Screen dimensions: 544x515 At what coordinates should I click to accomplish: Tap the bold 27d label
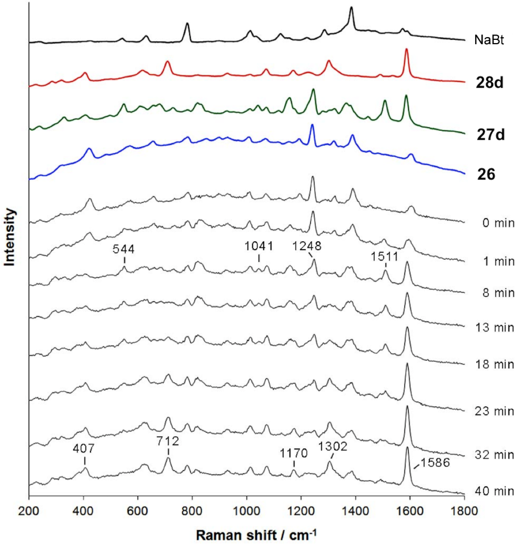pyautogui.click(x=489, y=135)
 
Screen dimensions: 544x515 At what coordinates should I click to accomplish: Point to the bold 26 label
pyautogui.click(x=486, y=174)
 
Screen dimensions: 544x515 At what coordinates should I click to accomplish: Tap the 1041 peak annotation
pyautogui.click(x=259, y=245)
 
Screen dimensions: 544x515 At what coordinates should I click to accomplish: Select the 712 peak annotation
pyautogui.click(x=168, y=441)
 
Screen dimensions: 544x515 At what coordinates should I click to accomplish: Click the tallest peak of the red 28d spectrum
pyautogui.click(x=407, y=49)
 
